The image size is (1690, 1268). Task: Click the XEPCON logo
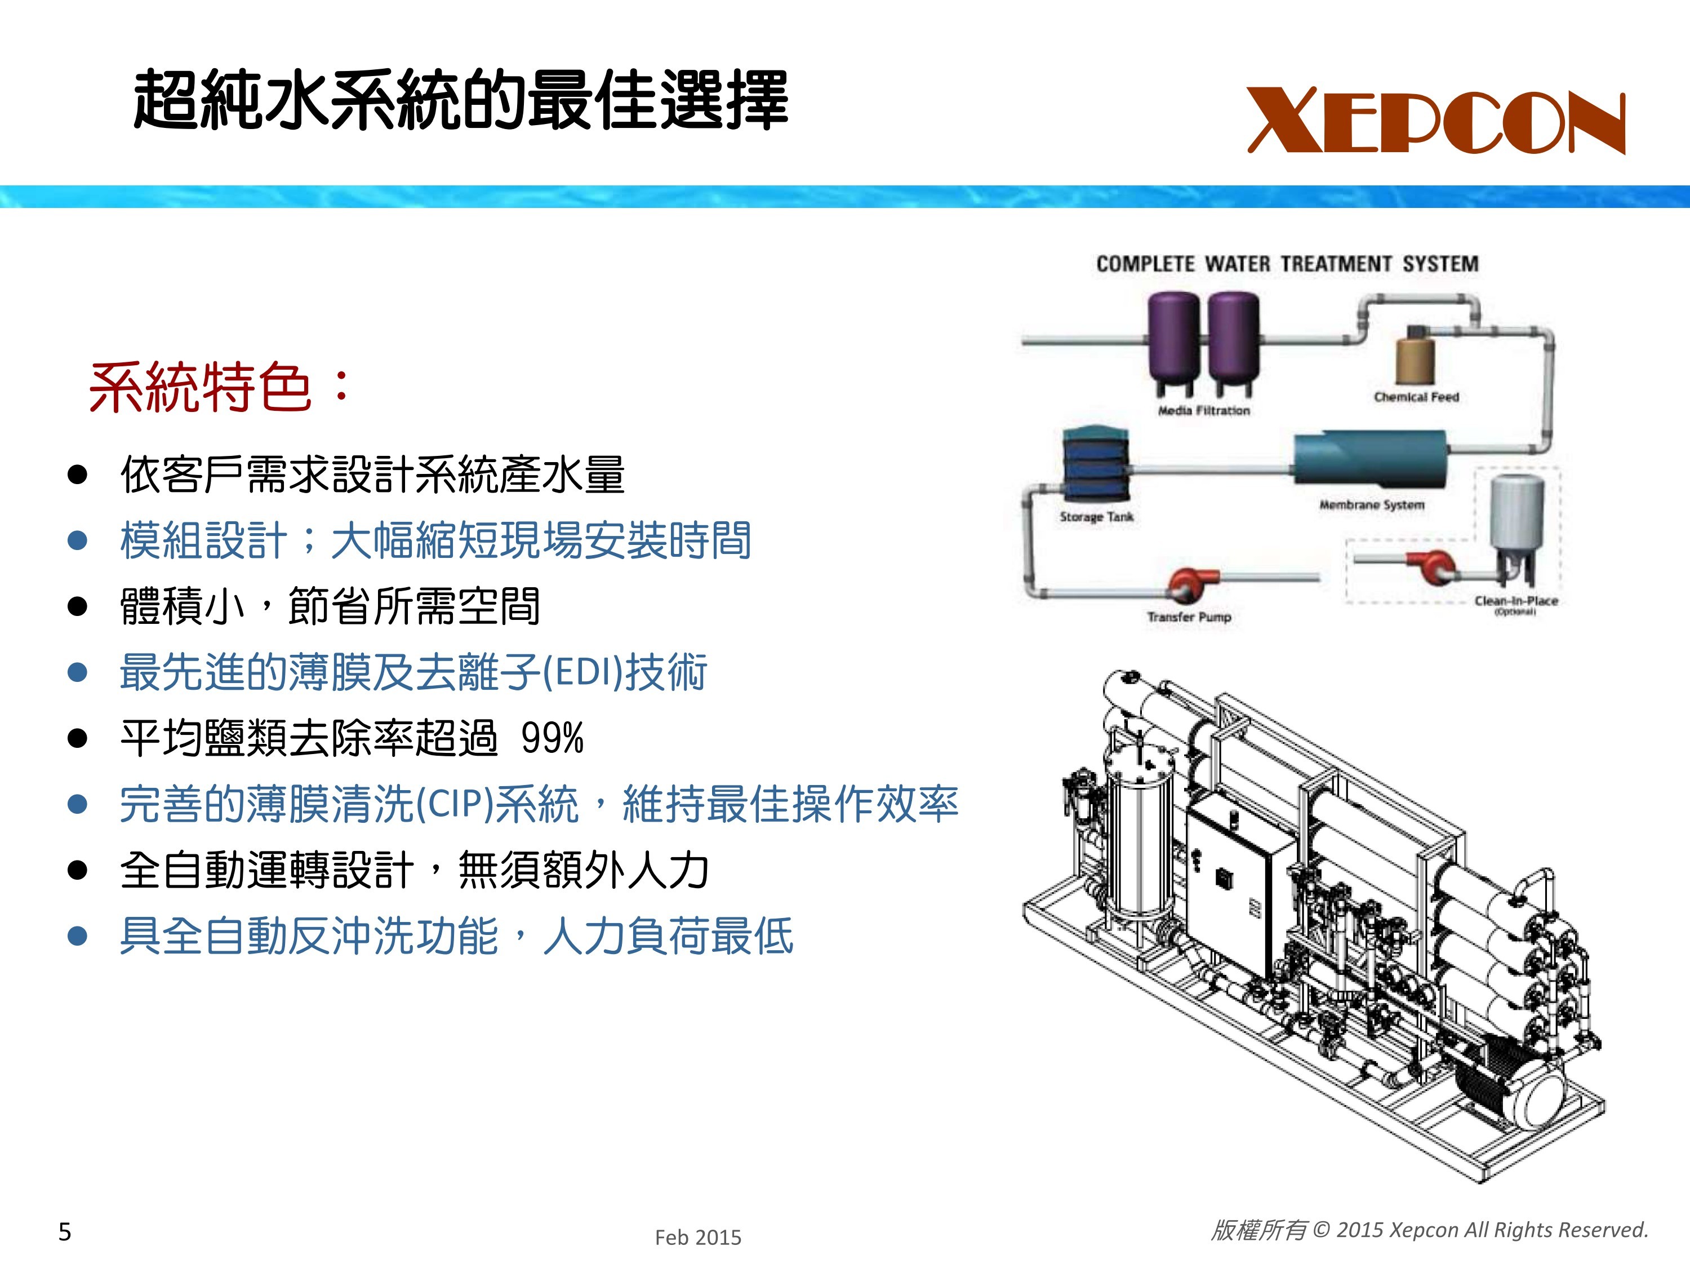[x=1436, y=121]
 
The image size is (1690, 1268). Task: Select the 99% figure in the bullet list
[x=553, y=738]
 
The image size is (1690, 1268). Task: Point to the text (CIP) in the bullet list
[x=455, y=805]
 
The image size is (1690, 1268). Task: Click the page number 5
[x=65, y=1232]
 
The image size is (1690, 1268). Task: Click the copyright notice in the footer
[x=1430, y=1230]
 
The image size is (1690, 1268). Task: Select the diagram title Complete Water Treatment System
[x=1287, y=264]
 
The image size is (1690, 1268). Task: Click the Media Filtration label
[x=1204, y=410]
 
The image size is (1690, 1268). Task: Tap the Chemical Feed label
[x=1416, y=397]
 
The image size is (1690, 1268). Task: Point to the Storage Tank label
[x=1096, y=517]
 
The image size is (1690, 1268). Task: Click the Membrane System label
[x=1372, y=504]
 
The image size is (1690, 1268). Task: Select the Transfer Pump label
[x=1189, y=617]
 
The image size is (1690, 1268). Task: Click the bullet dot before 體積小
[x=77, y=607]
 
